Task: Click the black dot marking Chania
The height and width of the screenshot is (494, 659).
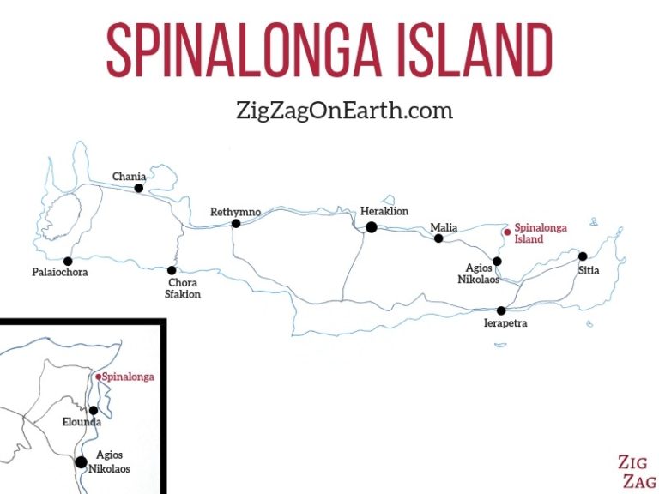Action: pos(139,188)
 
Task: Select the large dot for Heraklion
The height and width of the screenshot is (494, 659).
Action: pos(372,227)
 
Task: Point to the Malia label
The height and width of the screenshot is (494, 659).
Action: pos(444,227)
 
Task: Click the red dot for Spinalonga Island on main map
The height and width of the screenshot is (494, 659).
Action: pos(507,231)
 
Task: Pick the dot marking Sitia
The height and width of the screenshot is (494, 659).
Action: pos(583,256)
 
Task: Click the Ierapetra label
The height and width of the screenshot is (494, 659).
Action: pos(505,323)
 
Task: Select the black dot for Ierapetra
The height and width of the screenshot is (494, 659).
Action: pos(501,310)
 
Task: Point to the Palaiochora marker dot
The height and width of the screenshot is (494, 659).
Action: pos(67,261)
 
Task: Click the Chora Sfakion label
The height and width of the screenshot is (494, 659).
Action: pos(183,289)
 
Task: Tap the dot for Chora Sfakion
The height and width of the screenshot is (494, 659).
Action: pos(172,270)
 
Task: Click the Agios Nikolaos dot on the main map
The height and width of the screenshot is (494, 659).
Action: pos(497,261)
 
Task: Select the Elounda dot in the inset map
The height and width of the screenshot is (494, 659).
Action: pos(94,410)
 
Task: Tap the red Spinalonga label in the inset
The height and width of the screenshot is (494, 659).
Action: pos(129,377)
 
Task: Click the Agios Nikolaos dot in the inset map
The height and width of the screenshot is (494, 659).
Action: pos(81,462)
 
